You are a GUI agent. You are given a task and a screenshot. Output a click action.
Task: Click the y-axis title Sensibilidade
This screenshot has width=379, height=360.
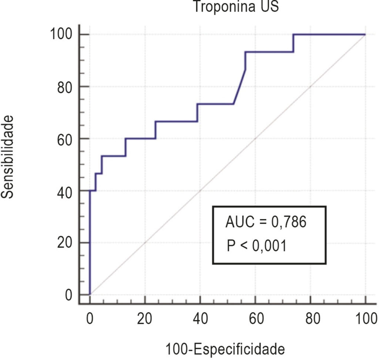[7, 157]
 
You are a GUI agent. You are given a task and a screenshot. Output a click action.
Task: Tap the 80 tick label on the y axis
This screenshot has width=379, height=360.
[65, 87]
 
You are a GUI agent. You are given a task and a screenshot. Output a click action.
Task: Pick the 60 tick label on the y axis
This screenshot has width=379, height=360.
[65, 139]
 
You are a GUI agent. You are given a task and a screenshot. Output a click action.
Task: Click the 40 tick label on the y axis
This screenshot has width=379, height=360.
[65, 193]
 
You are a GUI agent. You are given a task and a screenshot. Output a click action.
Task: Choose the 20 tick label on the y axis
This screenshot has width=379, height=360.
[65, 243]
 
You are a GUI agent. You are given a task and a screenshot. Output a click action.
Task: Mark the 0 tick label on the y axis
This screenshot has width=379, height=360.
[68, 295]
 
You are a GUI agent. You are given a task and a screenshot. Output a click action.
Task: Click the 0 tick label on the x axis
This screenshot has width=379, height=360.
[90, 319]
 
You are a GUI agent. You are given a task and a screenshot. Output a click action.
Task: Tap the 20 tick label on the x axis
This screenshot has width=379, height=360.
[145, 319]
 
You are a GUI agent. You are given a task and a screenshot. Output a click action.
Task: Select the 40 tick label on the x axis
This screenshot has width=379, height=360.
[200, 319]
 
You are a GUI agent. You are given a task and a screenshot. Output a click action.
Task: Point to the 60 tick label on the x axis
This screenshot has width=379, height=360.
[256, 319]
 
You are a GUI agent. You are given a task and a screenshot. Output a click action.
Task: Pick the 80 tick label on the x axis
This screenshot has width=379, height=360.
[313, 319]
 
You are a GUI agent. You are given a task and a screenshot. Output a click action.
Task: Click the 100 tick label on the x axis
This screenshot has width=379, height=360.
[366, 319]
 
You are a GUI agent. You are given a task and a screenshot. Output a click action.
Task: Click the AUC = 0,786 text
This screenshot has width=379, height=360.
[266, 222]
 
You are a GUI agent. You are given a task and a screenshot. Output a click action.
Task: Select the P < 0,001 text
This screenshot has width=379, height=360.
[257, 246]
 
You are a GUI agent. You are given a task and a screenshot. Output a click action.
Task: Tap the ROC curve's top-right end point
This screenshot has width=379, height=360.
[365, 34]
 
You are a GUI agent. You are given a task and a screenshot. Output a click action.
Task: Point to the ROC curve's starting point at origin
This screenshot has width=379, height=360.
[90, 295]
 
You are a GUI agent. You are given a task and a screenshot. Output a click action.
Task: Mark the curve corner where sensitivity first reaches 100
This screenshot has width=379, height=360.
[294, 34]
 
